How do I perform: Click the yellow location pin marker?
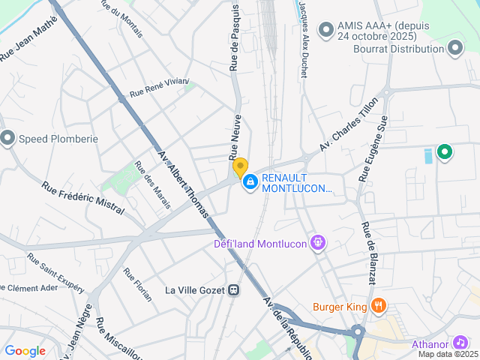click(240, 166)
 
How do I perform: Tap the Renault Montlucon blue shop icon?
click(250, 181)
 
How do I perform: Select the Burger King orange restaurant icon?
click(379, 306)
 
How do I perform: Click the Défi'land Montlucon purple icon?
click(318, 243)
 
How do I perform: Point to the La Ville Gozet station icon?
click(234, 290)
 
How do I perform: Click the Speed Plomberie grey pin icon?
click(8, 138)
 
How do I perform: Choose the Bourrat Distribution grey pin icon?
click(455, 49)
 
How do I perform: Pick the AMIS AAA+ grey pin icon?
click(325, 30)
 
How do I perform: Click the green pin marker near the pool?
click(445, 153)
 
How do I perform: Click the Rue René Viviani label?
click(159, 88)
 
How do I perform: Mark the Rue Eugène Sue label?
click(373, 148)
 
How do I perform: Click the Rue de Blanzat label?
click(368, 253)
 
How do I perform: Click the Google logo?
click(25, 350)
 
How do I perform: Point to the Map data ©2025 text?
click(448, 354)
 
